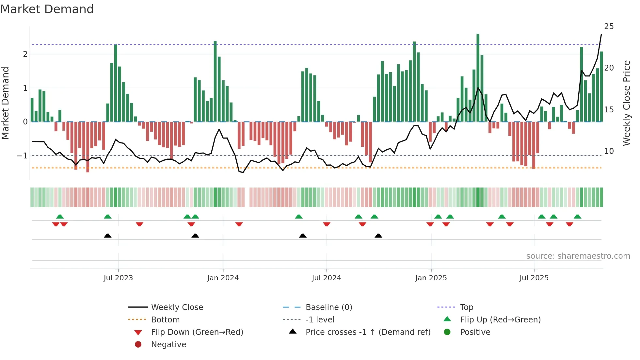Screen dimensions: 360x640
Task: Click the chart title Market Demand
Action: [x=47, y=9]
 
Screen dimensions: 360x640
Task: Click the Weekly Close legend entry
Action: [x=177, y=307]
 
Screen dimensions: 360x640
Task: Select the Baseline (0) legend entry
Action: [x=328, y=307]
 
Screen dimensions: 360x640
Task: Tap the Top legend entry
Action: [x=466, y=307]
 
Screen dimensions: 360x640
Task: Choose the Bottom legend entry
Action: [x=165, y=319]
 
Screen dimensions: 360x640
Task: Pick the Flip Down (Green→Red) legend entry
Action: [x=197, y=332]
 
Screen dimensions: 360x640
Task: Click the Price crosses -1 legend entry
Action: [x=368, y=332]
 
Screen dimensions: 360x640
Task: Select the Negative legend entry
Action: [x=168, y=344]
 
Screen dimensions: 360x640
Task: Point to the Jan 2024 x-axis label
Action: [x=223, y=278]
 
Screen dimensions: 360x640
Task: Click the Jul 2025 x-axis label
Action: [x=534, y=278]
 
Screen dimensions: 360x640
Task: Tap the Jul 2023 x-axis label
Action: [x=118, y=278]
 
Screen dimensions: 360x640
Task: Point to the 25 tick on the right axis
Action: [x=609, y=26]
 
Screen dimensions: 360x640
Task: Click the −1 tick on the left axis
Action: [x=23, y=155]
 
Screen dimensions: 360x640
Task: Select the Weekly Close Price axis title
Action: [x=626, y=103]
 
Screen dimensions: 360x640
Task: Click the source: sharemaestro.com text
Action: [x=578, y=256]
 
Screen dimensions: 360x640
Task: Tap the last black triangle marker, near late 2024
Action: [x=378, y=236]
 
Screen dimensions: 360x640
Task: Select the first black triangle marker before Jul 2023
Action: [x=107, y=236]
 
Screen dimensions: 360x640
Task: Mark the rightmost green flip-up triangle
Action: [x=577, y=217]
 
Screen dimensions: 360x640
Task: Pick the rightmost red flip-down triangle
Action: [x=569, y=224]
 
